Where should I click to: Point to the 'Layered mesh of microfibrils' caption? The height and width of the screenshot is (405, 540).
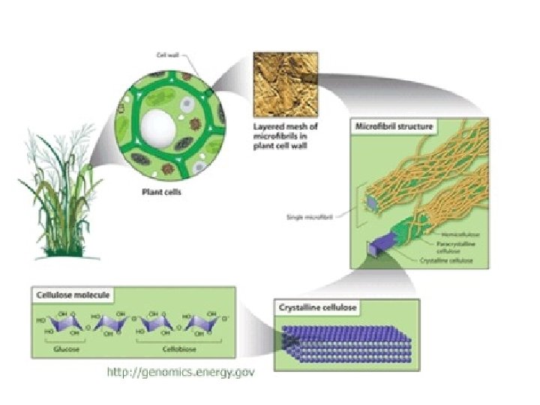(286, 137)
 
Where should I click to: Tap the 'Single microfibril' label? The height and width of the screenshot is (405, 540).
(308, 218)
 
